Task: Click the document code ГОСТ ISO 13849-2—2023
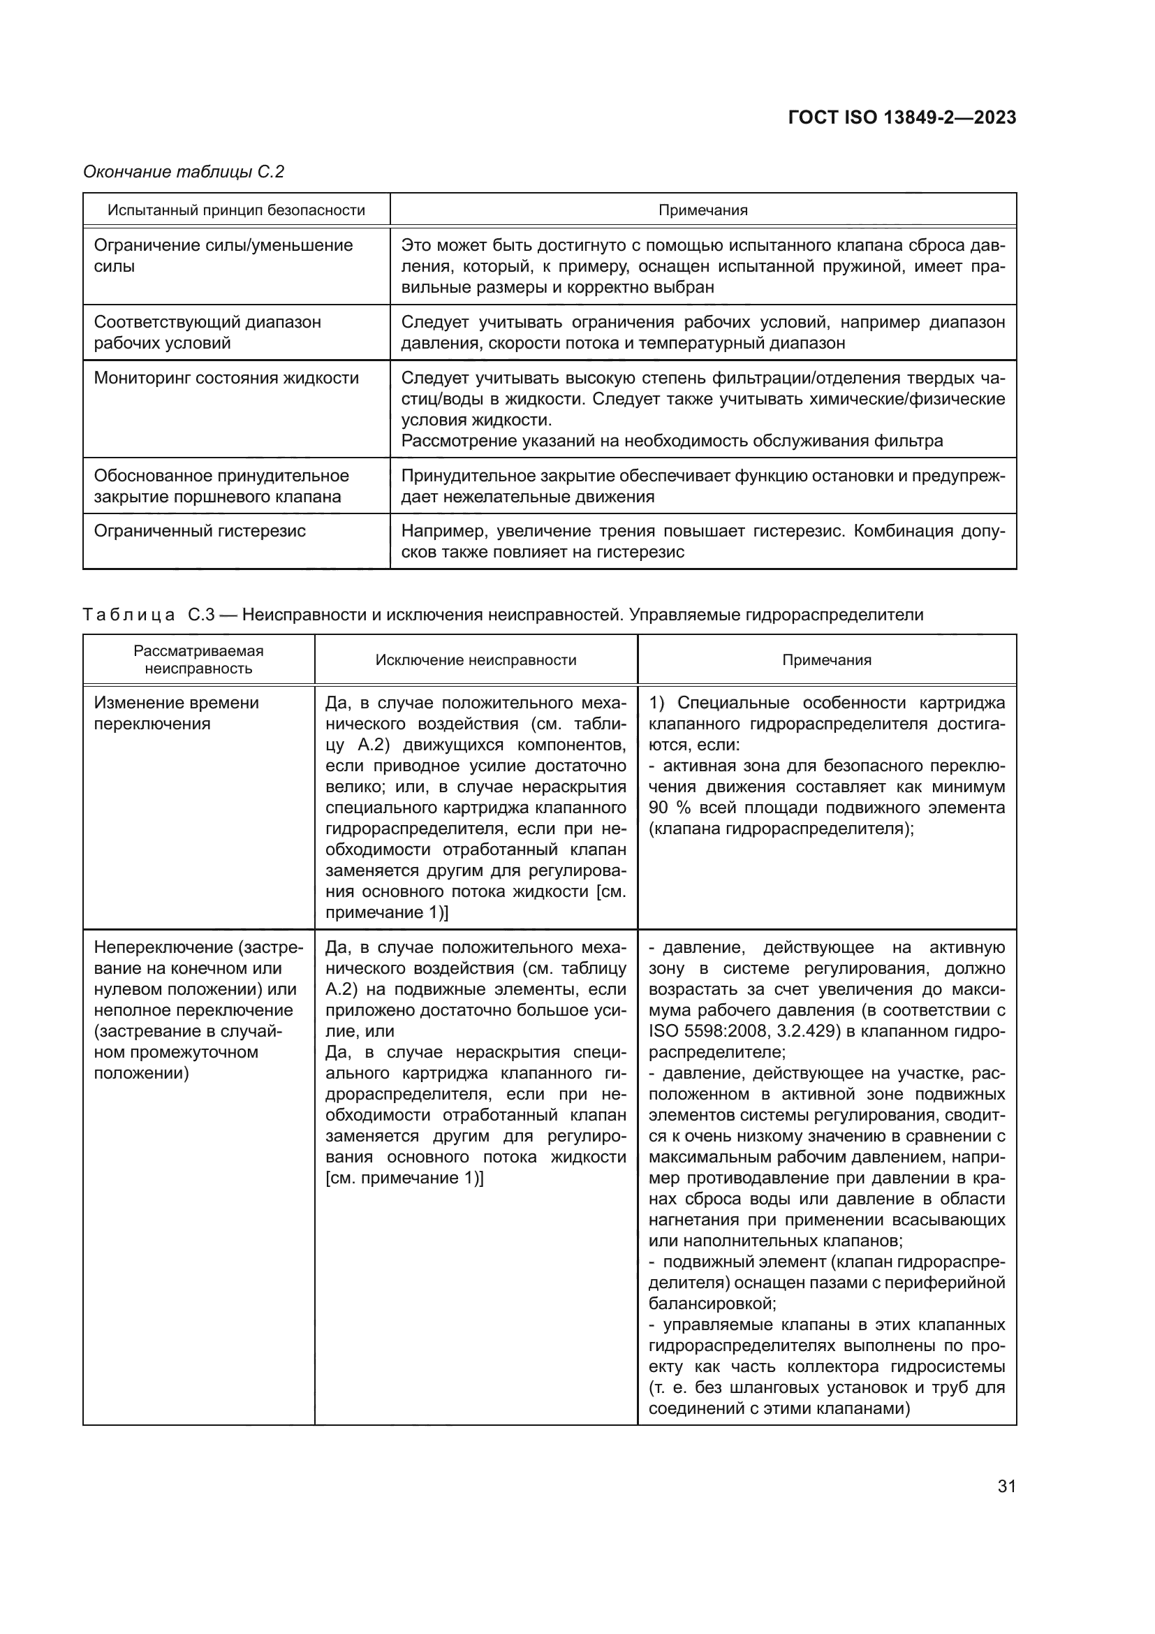pos(902,118)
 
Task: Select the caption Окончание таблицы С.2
pos(184,172)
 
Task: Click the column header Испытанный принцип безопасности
pos(236,210)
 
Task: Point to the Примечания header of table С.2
pos(702,210)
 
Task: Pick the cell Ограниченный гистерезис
pos(200,531)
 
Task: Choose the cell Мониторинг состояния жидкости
pos(226,378)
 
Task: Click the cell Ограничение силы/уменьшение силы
pos(223,256)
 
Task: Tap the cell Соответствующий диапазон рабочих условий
pos(207,333)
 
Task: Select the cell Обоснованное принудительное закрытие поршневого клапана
pos(221,486)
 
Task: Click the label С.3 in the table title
pos(201,615)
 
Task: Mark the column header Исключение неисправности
pos(476,659)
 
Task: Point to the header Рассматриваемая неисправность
pos(198,659)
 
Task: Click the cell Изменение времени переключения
pos(176,713)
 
